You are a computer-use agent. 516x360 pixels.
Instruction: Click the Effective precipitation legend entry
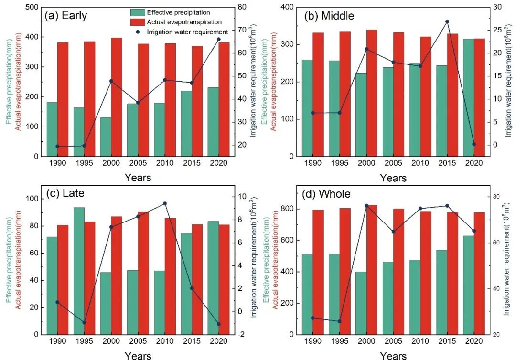click(177, 12)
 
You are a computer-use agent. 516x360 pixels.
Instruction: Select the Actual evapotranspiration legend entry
click(177, 22)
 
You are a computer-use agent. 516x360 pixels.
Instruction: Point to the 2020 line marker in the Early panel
click(219, 39)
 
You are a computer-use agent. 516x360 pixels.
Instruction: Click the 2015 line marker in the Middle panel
click(447, 21)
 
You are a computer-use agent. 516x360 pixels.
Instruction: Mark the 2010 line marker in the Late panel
click(165, 203)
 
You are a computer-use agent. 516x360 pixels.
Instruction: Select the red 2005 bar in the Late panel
click(143, 273)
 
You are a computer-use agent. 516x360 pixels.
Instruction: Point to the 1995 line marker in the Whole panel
click(340, 321)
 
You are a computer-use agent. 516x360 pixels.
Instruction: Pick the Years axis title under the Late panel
click(138, 356)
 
